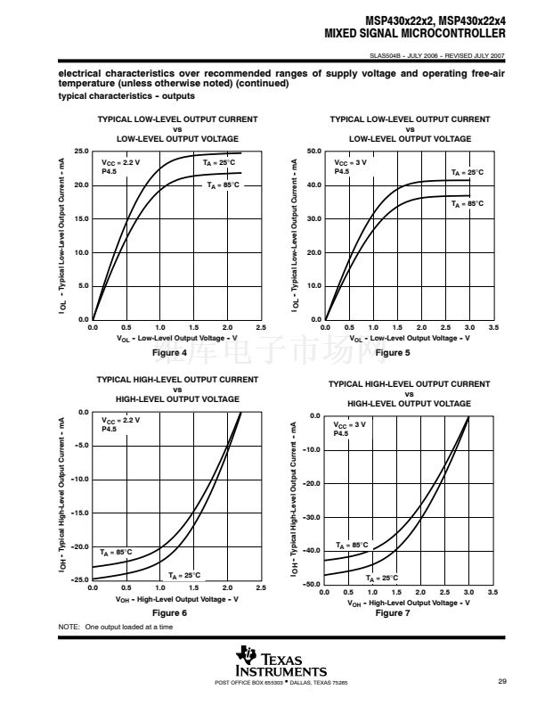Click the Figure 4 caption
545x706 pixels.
click(x=169, y=353)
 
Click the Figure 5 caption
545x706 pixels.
click(x=393, y=353)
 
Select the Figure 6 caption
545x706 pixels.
click(x=169, y=613)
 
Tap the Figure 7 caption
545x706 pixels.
click(x=393, y=613)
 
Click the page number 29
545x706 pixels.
click(x=502, y=682)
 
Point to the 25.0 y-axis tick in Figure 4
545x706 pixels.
click(x=80, y=152)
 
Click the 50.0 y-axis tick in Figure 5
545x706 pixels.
click(x=313, y=152)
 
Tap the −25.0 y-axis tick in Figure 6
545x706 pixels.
click(x=79, y=580)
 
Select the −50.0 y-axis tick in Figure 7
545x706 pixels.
click(x=312, y=584)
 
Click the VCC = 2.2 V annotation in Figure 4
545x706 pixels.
click(x=121, y=163)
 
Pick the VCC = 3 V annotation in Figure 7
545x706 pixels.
click(x=350, y=424)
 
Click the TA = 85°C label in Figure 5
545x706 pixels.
click(x=468, y=204)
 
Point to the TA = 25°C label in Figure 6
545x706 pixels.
click(x=184, y=575)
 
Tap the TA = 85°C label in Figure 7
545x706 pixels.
click(x=352, y=545)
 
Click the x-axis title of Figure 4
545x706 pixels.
click(x=177, y=339)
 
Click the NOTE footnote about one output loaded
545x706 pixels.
click(x=116, y=627)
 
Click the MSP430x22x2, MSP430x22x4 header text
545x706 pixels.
click(x=435, y=21)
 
